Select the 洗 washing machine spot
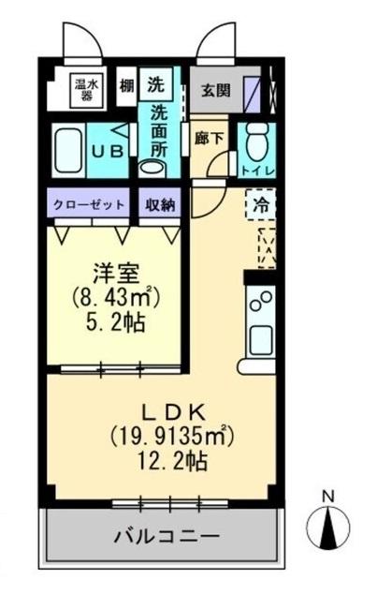[155, 82]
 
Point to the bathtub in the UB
[68, 149]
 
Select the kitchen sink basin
[259, 338]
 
